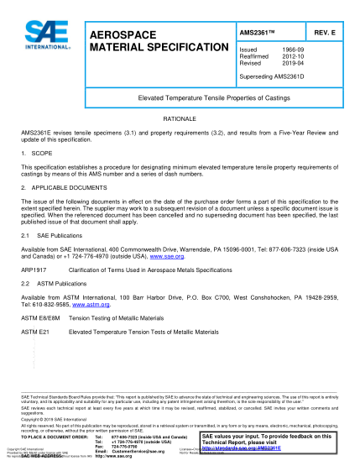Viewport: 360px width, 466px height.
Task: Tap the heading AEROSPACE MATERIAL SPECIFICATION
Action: click(x=141, y=41)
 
